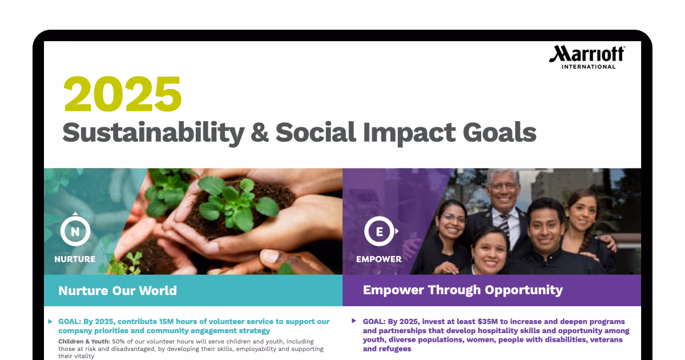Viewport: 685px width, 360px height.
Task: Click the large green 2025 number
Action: (x=122, y=94)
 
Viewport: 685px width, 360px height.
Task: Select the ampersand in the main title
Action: (x=260, y=133)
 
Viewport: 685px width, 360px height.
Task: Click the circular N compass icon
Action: (x=75, y=231)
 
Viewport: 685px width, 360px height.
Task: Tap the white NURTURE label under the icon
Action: (x=75, y=259)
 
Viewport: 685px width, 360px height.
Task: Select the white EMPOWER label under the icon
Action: (x=378, y=259)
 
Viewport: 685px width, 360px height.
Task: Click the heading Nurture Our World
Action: (x=118, y=290)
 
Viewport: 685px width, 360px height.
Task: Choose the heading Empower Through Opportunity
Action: (x=462, y=290)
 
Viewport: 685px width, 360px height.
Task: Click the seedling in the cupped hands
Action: (x=228, y=197)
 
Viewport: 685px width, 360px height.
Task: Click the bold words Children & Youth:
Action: (x=84, y=341)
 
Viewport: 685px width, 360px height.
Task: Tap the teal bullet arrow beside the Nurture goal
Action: (x=50, y=322)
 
